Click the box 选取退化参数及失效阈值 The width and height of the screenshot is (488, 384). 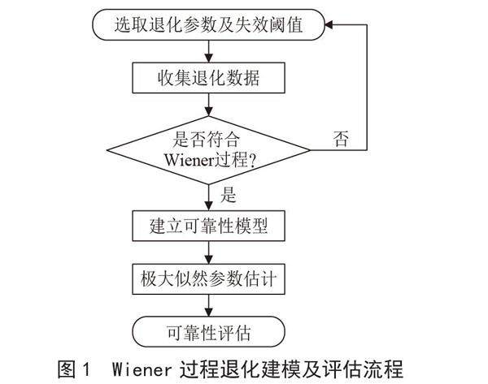tap(209, 25)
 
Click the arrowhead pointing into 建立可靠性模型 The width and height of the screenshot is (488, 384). tap(209, 208)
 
